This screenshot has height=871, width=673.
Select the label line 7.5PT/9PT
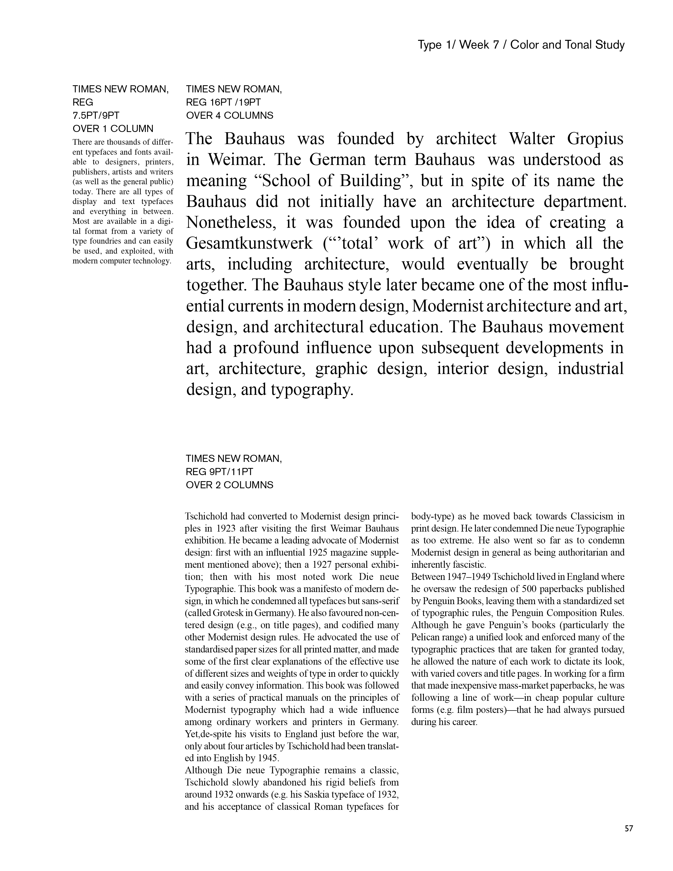point(96,116)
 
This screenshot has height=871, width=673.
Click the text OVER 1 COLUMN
point(113,129)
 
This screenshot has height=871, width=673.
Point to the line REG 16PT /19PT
point(223,102)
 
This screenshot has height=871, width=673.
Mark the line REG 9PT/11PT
point(219,472)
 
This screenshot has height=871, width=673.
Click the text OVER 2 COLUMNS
point(230,485)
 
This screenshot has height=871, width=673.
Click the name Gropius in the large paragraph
point(595,139)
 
